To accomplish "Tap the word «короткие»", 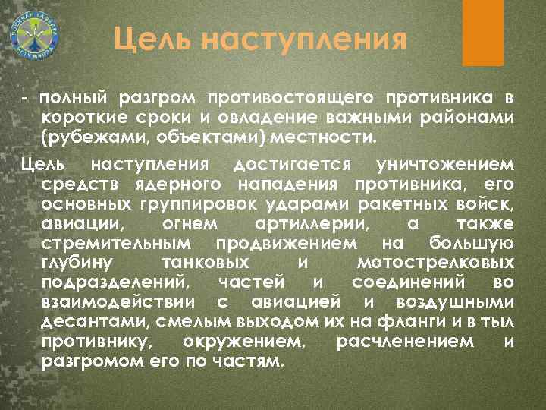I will (83, 119).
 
